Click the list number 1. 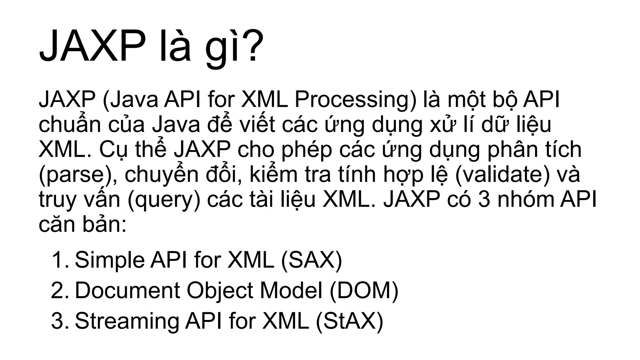[x=59, y=260]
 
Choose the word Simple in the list [x=109, y=260]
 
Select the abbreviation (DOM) [x=364, y=290]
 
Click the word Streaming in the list [x=127, y=321]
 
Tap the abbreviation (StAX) [x=349, y=321]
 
